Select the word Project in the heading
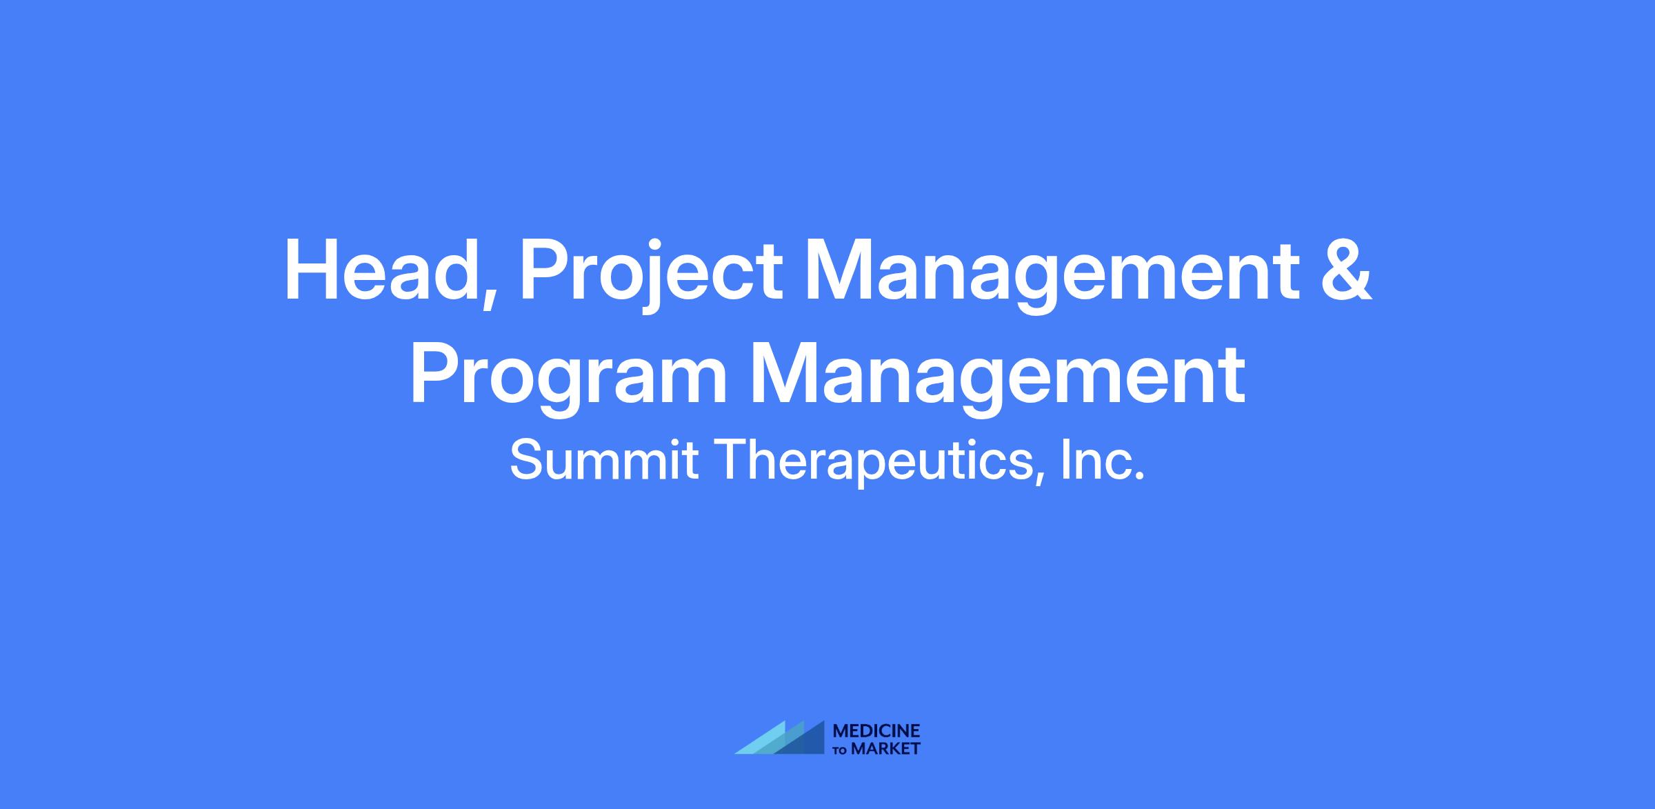coord(652,274)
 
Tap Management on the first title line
coord(1052,274)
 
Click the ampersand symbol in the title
coord(1346,270)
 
